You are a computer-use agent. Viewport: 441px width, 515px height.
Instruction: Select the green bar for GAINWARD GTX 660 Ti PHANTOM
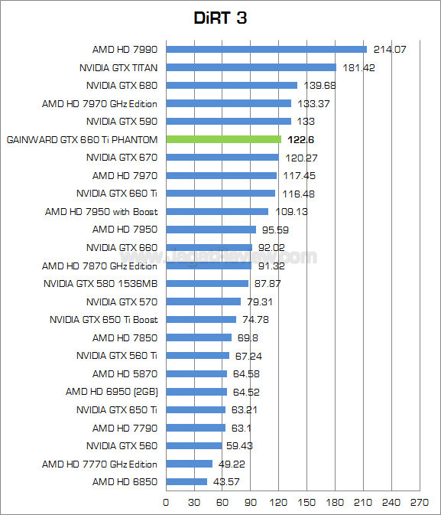(223, 139)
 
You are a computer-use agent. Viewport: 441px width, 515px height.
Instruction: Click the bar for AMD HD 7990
(266, 49)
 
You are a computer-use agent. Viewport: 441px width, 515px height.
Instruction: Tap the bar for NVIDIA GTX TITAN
(251, 67)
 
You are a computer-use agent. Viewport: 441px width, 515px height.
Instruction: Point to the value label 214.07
(389, 49)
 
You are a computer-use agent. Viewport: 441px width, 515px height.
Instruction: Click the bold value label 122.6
(300, 139)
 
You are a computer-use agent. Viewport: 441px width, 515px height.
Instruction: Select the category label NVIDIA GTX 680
(122, 85)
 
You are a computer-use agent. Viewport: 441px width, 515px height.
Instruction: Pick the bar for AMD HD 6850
(186, 481)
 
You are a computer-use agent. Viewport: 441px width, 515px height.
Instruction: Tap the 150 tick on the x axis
(306, 503)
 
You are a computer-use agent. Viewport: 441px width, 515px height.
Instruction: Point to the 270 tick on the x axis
(419, 503)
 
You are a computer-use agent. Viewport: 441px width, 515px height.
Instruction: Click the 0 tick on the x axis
(166, 503)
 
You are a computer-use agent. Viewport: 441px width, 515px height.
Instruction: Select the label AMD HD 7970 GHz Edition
(99, 103)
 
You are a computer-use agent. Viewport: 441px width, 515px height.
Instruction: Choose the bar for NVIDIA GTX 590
(229, 121)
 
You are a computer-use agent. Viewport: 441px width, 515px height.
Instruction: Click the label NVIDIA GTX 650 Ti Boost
(103, 319)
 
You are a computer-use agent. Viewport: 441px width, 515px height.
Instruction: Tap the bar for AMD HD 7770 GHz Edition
(189, 464)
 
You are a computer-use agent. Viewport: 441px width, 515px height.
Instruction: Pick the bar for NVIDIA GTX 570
(203, 302)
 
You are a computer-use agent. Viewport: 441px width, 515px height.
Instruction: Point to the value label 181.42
(358, 67)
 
